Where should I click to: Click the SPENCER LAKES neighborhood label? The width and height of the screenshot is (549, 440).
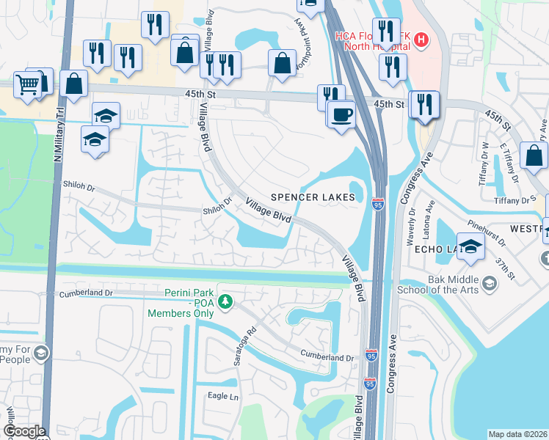click(313, 197)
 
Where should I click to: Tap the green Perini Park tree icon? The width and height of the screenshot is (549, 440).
click(227, 301)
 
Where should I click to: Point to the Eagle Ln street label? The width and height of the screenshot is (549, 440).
click(224, 397)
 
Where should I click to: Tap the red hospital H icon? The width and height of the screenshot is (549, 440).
click(421, 40)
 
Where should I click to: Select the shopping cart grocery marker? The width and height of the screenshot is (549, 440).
click(27, 85)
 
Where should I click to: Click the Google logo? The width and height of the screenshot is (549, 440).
click(24, 431)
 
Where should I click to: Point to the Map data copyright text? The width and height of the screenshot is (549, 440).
click(517, 434)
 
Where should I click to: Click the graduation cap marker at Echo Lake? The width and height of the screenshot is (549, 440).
click(470, 246)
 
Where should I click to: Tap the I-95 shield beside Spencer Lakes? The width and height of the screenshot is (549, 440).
click(378, 203)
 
